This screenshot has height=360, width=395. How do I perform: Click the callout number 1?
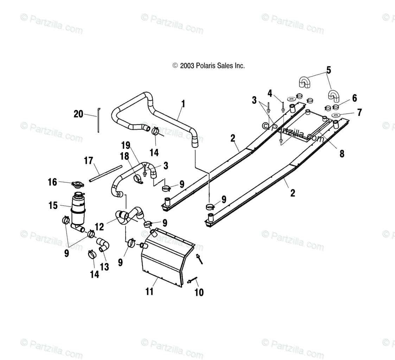coord(183,104)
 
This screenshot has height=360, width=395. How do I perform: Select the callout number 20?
coord(78,114)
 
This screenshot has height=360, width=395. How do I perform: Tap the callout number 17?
coord(88,161)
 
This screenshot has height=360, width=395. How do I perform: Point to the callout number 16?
coord(52,182)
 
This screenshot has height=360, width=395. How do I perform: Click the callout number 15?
coord(53,206)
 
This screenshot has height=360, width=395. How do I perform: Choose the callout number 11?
coord(149,291)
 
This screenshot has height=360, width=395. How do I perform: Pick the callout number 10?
coord(199,292)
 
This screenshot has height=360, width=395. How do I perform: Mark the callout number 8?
coord(342,153)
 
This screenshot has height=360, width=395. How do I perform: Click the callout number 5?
coord(329,70)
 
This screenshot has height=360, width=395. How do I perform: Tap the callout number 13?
coord(104,267)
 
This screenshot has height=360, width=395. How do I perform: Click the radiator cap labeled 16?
coord(77,184)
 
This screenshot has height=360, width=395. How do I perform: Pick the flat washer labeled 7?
coord(336,115)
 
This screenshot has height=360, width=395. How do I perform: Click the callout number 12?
coord(99,227)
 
